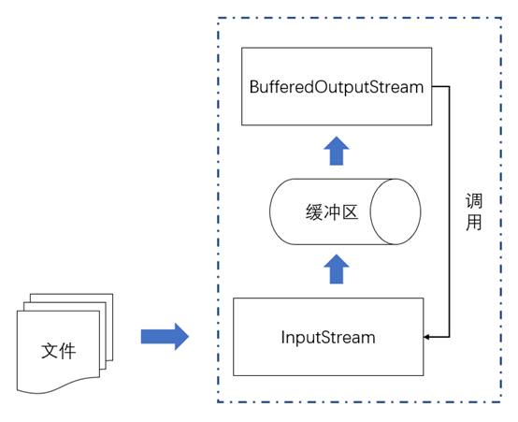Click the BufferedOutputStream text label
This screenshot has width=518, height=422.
[x=337, y=87]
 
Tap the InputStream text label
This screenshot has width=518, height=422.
[x=328, y=338]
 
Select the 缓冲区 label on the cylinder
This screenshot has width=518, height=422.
[x=332, y=212]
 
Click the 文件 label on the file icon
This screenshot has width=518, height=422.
[x=59, y=351]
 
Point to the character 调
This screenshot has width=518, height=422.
[x=474, y=201]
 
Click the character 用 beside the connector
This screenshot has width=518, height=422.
[x=474, y=223]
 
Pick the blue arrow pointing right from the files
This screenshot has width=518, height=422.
[x=165, y=337]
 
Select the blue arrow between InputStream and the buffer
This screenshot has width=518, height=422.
[x=337, y=269]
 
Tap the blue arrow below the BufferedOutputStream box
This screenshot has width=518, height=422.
[x=337, y=151]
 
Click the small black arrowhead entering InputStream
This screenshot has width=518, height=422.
[x=426, y=337]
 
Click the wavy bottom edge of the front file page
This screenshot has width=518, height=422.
[x=59, y=386]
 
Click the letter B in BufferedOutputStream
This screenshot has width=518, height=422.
[x=254, y=87]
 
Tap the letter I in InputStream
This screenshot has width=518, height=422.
[x=282, y=338]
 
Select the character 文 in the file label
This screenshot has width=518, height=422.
[x=50, y=351]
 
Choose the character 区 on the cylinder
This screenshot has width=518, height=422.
[x=351, y=212]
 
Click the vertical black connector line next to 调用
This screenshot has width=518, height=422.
[x=450, y=211]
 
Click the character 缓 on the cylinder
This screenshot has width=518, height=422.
[x=314, y=212]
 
